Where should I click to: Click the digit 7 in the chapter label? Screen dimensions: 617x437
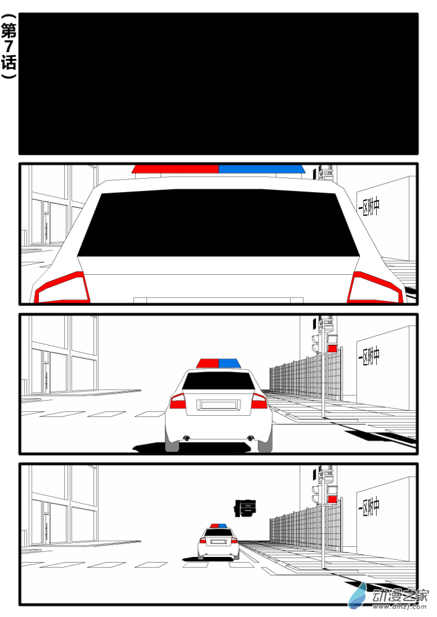[9, 48]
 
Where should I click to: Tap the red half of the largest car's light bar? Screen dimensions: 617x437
[175, 169]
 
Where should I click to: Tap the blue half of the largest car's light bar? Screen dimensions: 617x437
[261, 169]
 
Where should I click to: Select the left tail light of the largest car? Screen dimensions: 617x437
[62, 288]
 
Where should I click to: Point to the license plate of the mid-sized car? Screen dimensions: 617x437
[218, 405]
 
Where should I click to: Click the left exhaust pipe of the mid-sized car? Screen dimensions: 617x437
[186, 438]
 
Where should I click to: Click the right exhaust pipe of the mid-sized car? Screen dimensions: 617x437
[250, 438]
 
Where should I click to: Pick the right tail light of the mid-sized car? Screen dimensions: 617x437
[259, 401]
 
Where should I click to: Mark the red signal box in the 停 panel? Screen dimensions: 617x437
[332, 499]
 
